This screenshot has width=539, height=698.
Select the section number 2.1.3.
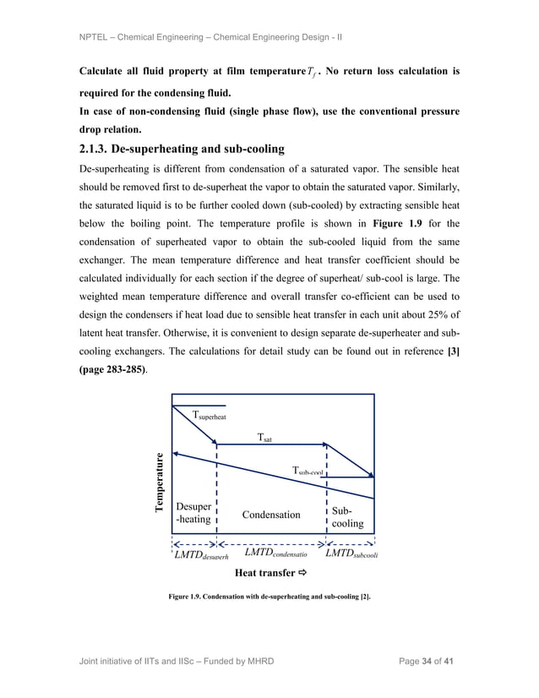coord(100,150)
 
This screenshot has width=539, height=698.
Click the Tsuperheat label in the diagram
coord(210,415)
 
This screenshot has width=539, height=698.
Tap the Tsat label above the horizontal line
coord(264,438)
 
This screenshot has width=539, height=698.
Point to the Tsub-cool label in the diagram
coord(308,472)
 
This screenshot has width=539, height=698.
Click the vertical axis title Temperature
coord(158,483)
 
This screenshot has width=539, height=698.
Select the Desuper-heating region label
coord(193,513)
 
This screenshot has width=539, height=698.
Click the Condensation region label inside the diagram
coord(271,515)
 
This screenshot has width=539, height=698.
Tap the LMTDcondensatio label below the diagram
coord(275,553)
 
